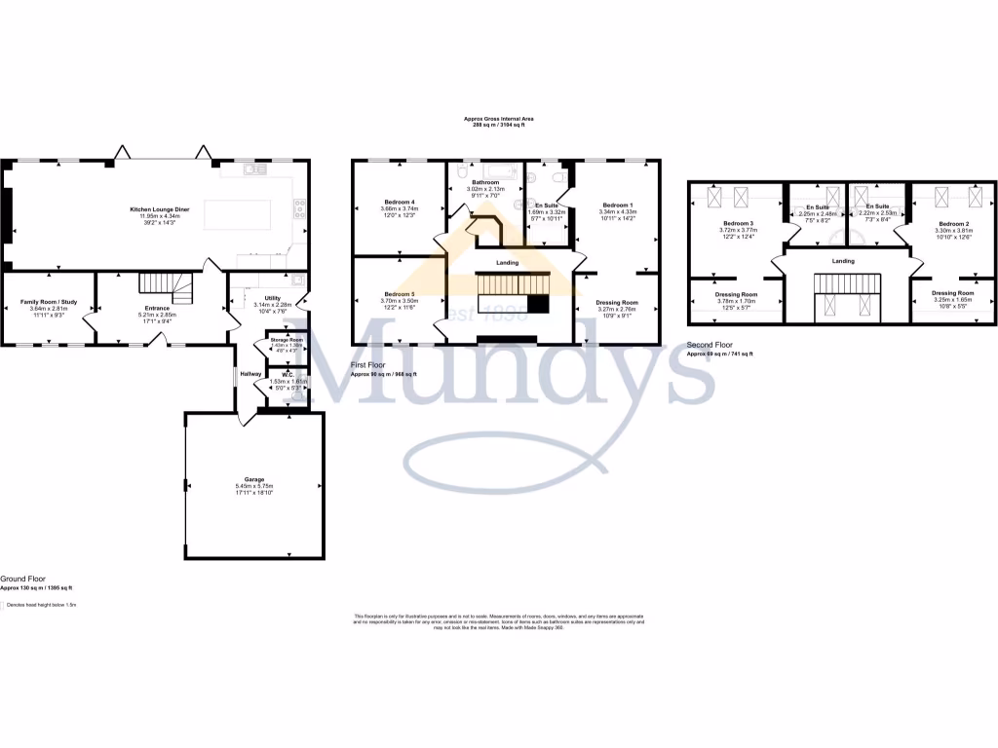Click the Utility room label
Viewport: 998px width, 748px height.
(x=272, y=297)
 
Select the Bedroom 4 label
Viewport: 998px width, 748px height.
(x=399, y=203)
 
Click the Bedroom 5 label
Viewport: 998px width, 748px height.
(x=399, y=294)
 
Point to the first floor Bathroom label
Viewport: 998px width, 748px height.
(x=484, y=181)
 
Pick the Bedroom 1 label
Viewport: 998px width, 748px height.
(x=617, y=206)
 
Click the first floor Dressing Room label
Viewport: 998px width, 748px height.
(x=616, y=303)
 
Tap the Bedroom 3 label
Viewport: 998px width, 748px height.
(x=737, y=224)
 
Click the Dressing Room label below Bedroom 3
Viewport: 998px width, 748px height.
(x=736, y=293)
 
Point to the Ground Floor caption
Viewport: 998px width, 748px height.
(x=22, y=578)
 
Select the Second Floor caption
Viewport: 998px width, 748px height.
(x=710, y=345)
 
